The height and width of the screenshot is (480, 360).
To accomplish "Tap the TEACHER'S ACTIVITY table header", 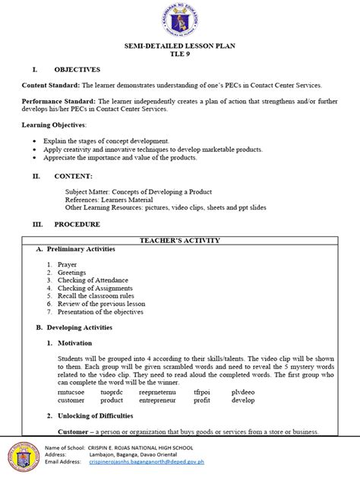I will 180,240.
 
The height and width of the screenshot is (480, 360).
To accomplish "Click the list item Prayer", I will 67,264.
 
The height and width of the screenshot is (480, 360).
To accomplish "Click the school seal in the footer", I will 24,456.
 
